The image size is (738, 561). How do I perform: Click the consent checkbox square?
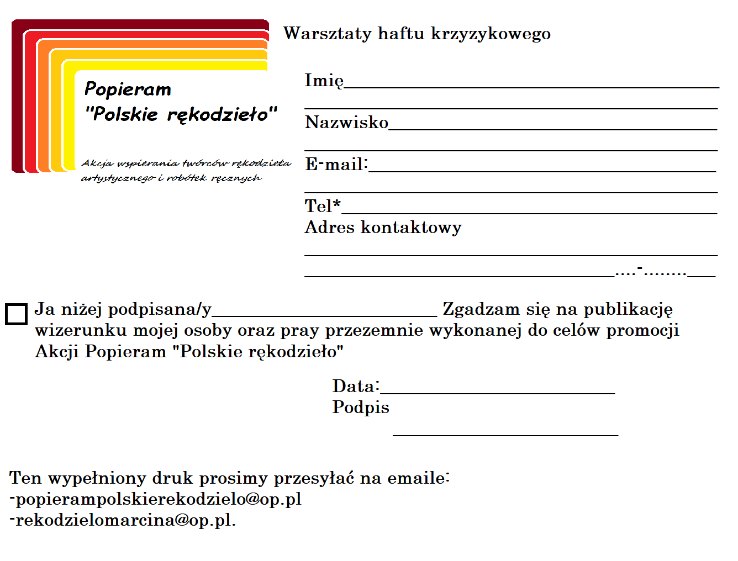click(x=16, y=314)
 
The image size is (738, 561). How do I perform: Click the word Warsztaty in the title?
click(x=327, y=34)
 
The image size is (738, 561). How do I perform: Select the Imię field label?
click(x=324, y=81)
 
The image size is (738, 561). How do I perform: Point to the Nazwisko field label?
click(x=346, y=122)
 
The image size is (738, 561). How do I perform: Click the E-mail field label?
click(x=336, y=164)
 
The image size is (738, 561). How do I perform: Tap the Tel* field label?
click(x=323, y=206)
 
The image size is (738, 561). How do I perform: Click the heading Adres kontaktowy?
click(x=383, y=227)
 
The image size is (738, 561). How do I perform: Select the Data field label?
click(x=356, y=386)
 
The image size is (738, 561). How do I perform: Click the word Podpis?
click(x=361, y=407)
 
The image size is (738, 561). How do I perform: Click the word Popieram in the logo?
click(x=128, y=89)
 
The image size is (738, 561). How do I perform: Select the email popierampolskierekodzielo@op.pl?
click(x=158, y=499)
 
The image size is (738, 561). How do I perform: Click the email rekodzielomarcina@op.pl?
click(x=125, y=520)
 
